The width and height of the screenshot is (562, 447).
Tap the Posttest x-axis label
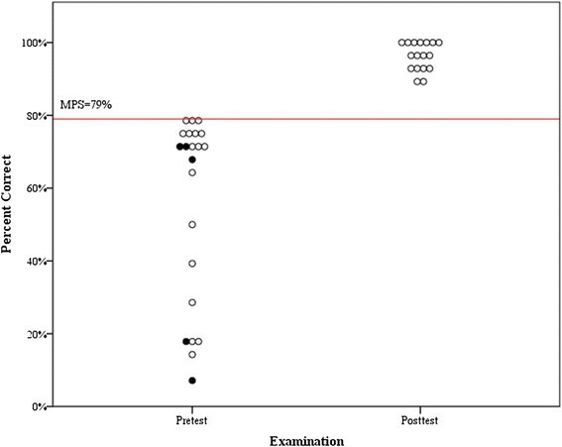[x=419, y=420]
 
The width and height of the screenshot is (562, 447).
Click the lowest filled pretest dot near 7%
[x=192, y=381]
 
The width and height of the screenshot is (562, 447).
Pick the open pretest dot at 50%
[x=192, y=225]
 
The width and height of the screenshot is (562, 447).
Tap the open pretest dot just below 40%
[x=192, y=264]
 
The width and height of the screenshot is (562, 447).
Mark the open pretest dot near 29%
[x=192, y=302]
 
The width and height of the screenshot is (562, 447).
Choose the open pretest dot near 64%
[x=192, y=172]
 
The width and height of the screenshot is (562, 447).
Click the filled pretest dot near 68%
[x=192, y=160]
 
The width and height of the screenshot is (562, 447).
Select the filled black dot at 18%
[x=185, y=342]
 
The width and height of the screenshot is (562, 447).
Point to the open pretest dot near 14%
[x=192, y=355]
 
